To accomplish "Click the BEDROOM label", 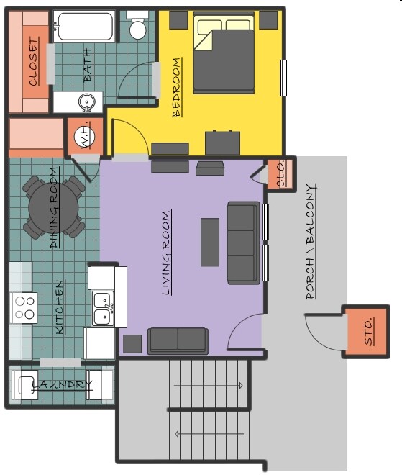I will coord(177,87).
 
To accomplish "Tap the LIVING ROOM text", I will coord(167,253).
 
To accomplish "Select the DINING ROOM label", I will coord(55,209).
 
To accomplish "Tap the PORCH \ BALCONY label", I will coord(311,241).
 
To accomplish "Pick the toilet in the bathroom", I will coord(137,27).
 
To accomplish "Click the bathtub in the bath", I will coord(84,26).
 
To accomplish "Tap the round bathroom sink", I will coord(87,102).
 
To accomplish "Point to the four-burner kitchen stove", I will coord(25,307).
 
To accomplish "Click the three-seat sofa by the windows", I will coord(242,243).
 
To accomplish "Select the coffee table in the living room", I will coord(210,242).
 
